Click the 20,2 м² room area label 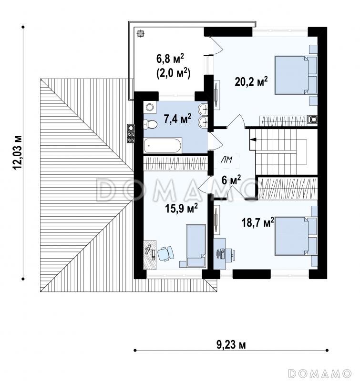[251, 82]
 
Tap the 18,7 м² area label [258, 222]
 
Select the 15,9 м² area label [181, 208]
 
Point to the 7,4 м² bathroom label [177, 119]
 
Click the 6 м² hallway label [231, 180]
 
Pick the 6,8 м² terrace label [170, 59]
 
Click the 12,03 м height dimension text [18, 152]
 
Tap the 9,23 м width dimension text [231, 344]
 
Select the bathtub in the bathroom [163, 146]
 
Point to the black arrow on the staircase [253, 140]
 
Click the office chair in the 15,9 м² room [165, 253]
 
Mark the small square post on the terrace [140, 33]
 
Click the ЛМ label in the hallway [226, 160]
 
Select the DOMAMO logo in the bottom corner [319, 373]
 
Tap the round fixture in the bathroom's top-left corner [150, 107]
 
